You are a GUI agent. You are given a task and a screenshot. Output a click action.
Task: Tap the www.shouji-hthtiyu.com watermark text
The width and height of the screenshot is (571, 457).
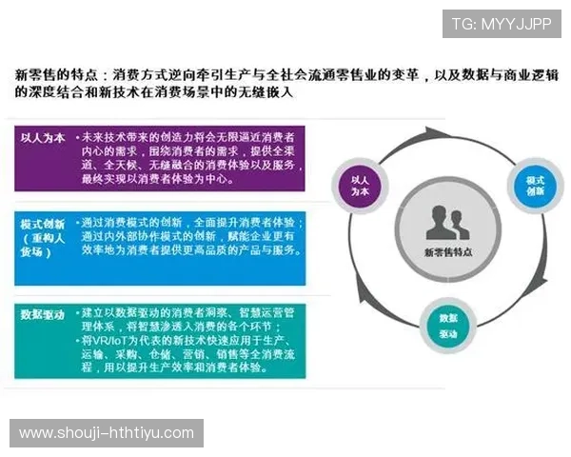[106, 433]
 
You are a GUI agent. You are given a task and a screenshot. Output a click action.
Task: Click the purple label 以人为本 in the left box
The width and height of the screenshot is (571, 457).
[43, 138]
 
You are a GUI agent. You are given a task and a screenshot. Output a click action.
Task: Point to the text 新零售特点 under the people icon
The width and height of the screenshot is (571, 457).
[447, 253]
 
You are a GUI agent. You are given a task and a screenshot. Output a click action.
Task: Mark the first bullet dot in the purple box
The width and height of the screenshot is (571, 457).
[76, 138]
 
